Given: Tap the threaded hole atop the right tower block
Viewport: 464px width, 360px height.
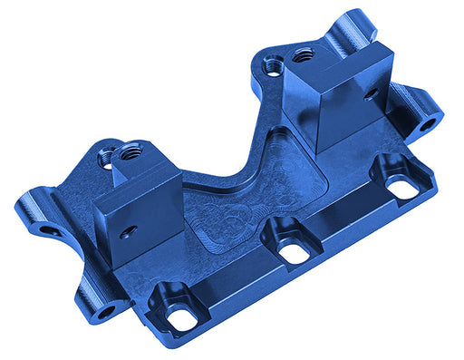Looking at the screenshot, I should point(303,54).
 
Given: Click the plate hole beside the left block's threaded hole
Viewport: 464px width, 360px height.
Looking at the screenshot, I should point(106,156).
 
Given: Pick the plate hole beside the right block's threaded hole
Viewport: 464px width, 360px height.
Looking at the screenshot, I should point(272,65).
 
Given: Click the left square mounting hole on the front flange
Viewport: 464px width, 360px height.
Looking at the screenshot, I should point(183,317).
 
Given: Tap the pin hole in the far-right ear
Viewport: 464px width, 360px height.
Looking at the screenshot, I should point(433,119).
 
